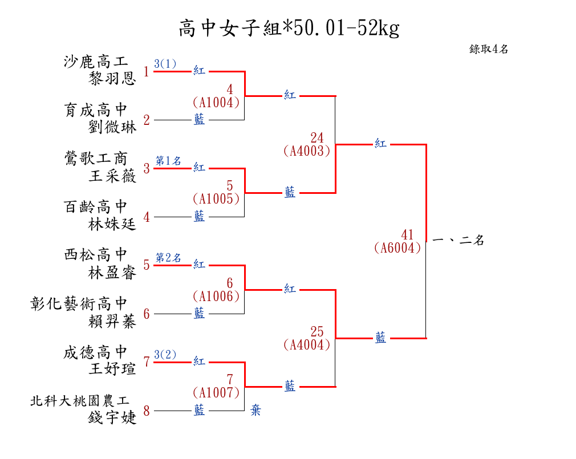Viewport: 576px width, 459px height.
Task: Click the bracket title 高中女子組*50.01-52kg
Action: click(289, 27)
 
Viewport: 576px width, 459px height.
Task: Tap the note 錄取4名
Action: click(488, 49)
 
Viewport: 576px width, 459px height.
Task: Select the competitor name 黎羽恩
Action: click(112, 78)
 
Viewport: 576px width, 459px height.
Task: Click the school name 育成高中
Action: click(95, 110)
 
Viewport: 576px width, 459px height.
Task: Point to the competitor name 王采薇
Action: click(112, 176)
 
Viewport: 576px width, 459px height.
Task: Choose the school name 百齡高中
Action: click(95, 207)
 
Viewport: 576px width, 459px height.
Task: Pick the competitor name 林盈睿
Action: click(112, 273)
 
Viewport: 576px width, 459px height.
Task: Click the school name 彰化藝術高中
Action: click(79, 304)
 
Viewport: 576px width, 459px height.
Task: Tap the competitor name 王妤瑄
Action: click(112, 369)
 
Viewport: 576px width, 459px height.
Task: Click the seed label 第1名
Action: click(169, 161)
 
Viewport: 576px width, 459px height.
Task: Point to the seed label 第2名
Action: click(169, 258)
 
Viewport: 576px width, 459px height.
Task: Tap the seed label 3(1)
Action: click(165, 64)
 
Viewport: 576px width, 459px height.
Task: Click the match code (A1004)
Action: click(216, 102)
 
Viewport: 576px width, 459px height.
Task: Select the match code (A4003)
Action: click(306, 151)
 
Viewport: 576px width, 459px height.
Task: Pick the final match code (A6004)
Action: click(397, 247)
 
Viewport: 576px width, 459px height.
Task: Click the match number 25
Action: click(317, 332)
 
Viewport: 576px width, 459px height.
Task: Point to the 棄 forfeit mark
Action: click(255, 410)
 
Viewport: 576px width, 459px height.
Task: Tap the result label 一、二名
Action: click(459, 241)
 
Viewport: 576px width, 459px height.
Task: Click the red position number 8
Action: click(147, 411)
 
